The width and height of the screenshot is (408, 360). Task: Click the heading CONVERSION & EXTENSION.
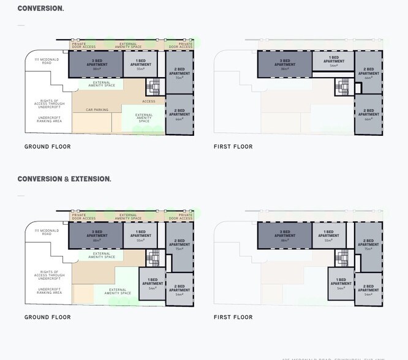coord(64,179)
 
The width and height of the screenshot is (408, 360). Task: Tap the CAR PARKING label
coord(97,110)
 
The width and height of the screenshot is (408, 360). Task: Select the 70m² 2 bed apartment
coord(179,72)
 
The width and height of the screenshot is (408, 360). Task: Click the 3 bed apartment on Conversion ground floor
coord(96,64)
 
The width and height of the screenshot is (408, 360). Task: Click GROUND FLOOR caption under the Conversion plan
coord(47,147)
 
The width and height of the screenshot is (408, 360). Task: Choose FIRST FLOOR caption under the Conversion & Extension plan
coord(233,317)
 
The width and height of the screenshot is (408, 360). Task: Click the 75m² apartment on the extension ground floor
coord(179,244)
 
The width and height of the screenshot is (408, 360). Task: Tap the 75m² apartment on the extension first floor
coord(368,244)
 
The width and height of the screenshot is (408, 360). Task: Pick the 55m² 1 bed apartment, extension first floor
coord(328,235)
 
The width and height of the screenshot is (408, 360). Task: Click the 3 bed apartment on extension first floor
coord(285,235)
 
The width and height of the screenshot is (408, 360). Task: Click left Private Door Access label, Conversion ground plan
coord(83,45)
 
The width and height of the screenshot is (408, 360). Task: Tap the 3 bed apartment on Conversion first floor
coord(285,64)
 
